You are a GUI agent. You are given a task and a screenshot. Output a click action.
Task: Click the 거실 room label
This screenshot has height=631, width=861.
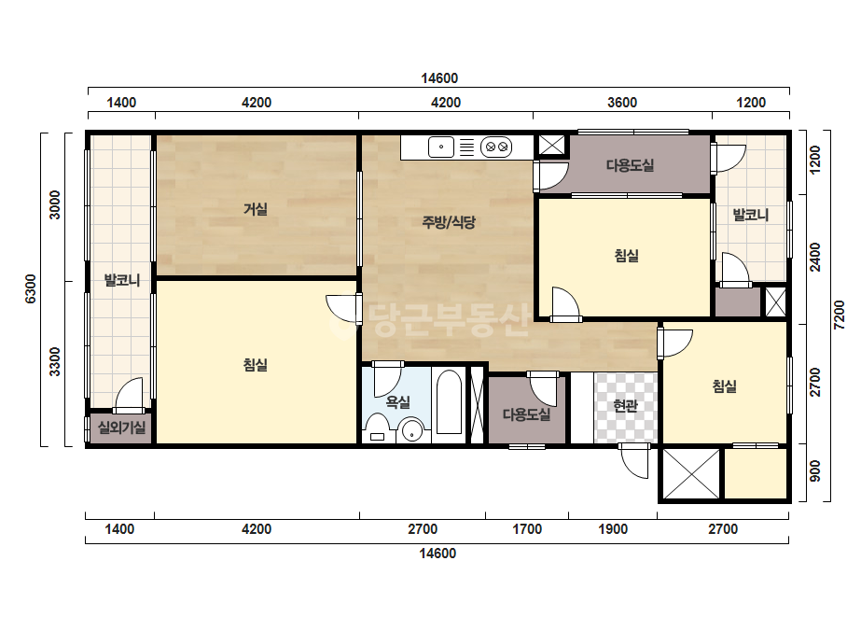[256, 209]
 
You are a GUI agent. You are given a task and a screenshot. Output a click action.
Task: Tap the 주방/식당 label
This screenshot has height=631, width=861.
[449, 222]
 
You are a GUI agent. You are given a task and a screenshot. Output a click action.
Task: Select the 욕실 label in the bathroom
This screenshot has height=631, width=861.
[398, 401]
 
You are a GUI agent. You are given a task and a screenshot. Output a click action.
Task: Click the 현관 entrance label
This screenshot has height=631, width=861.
[625, 406]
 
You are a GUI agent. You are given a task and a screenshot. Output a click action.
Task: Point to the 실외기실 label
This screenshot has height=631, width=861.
[121, 427]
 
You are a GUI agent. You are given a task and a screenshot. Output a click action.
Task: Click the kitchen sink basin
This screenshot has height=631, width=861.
[441, 147]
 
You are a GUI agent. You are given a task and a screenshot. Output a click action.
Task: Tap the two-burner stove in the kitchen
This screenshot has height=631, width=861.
[496, 147]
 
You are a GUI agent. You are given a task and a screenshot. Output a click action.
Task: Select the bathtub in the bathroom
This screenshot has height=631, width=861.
[449, 402]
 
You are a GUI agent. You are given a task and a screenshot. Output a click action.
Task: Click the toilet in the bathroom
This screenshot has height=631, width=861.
[377, 428]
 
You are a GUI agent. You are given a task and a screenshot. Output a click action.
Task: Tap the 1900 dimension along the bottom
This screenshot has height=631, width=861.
[613, 529]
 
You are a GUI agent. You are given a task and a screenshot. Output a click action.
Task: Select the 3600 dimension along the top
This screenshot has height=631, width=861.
[622, 103]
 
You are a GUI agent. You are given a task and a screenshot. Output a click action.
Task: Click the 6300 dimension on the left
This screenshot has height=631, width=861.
[31, 288]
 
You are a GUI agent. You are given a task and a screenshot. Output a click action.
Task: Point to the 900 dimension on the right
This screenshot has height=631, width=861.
[815, 471]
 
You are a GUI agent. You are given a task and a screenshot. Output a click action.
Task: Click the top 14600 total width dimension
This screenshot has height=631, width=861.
[439, 78]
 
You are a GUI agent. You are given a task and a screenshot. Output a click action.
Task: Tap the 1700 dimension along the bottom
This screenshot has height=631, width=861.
[527, 529]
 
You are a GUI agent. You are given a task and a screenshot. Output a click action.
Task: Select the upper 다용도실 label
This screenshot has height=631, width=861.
[630, 165]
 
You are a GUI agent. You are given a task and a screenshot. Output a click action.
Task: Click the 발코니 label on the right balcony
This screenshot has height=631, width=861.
[751, 215]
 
